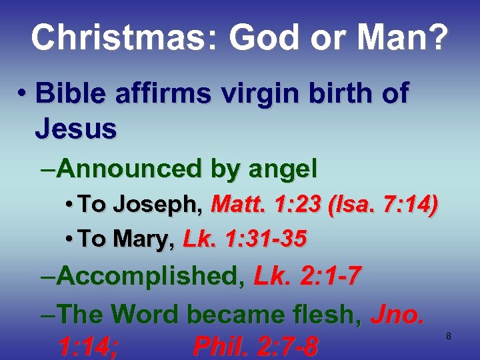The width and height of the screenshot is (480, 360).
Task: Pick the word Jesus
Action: click(x=76, y=128)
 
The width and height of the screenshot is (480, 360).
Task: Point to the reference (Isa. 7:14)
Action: click(x=383, y=205)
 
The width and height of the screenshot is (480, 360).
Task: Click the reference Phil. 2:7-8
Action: click(x=255, y=347)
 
